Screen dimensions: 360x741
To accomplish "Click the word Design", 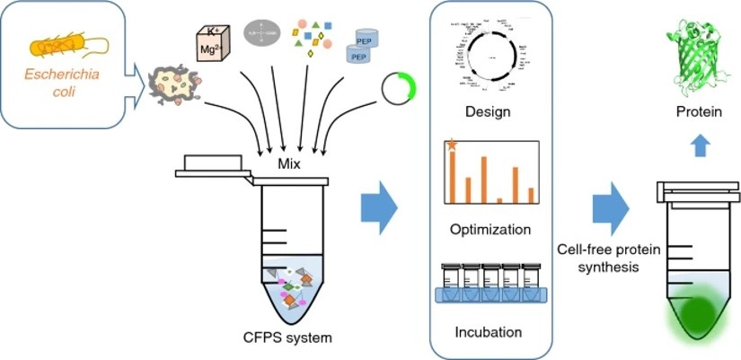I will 488,112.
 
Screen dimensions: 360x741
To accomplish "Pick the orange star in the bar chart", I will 452,144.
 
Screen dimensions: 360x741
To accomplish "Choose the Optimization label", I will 490,229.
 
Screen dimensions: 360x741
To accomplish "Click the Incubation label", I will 488,331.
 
